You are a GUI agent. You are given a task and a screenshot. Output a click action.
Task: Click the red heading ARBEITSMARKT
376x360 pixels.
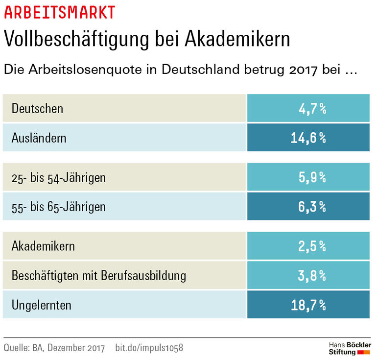[60, 12]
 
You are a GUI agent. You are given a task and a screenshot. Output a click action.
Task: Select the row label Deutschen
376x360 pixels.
[37, 108]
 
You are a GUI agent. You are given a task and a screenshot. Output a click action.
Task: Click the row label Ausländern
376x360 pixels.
[39, 138]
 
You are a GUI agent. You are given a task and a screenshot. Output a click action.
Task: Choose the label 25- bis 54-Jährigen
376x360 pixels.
[58, 177]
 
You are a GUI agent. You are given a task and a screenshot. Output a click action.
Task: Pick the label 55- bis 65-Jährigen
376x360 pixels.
[58, 207]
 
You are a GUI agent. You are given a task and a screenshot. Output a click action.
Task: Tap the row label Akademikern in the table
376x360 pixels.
[43, 245]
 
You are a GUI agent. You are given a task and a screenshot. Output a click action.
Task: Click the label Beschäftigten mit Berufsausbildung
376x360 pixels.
[98, 275]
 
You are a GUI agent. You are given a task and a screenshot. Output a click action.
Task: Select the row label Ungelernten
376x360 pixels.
[41, 305]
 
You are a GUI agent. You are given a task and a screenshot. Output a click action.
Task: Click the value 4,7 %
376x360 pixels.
[312, 108]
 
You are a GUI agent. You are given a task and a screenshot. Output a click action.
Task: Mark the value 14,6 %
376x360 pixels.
[308, 138]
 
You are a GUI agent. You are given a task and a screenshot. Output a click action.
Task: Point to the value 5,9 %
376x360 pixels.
[312, 177]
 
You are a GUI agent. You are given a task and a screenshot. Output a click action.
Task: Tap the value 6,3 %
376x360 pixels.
[312, 207]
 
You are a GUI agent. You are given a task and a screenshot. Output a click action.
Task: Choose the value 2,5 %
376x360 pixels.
[312, 245]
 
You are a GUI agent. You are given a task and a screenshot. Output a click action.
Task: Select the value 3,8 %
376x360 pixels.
[312, 275]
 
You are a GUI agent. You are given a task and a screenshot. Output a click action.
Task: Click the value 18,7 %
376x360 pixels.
[308, 305]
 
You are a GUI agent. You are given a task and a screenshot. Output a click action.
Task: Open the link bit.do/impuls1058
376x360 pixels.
[149, 348]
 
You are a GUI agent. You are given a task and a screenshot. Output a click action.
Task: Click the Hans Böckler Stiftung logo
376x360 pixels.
[349, 348]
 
